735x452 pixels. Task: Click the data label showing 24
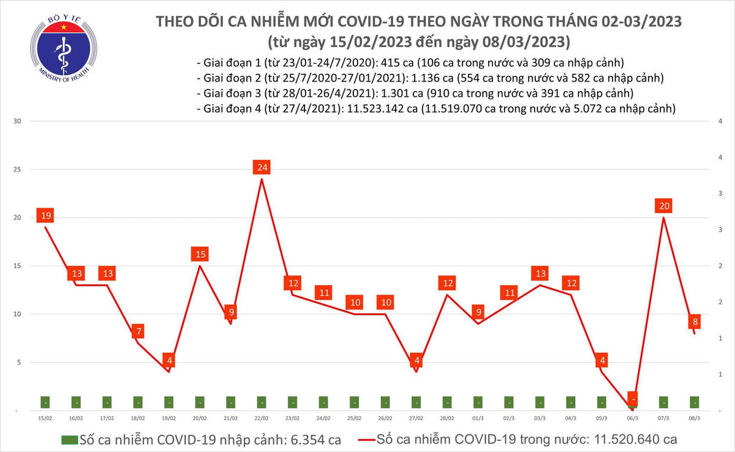tap(262, 167)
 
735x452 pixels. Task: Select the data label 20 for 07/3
tap(663, 206)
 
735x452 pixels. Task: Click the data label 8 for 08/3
tap(695, 322)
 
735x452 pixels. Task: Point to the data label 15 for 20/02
tap(200, 254)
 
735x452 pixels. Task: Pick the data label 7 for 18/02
tap(138, 332)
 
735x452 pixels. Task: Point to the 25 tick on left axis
tap(18, 170)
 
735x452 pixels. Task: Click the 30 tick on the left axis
tap(18, 121)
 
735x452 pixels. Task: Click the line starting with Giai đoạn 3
tap(415, 94)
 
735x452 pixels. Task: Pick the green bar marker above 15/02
tap(45, 402)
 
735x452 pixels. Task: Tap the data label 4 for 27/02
tap(416, 360)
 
